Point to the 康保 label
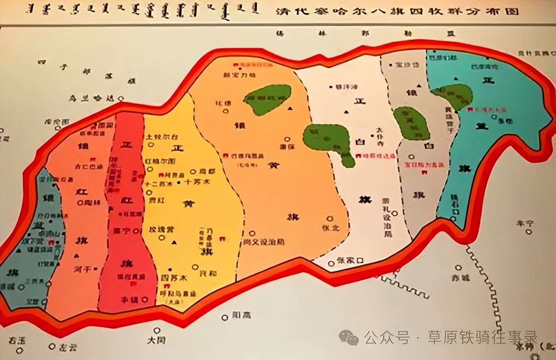pos(288,146)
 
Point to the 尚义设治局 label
pos(264,242)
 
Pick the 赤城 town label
pos(460,278)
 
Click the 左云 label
pos(68,347)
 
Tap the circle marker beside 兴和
pos(195,267)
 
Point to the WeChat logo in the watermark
pos(349,338)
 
